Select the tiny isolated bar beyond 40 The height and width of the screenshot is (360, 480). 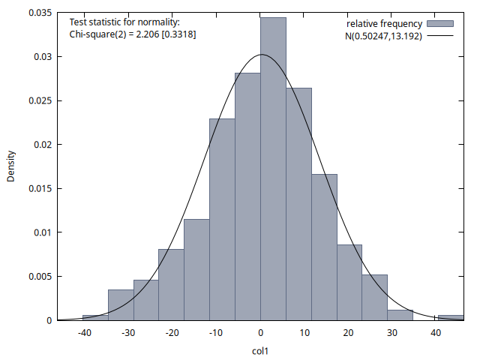451,317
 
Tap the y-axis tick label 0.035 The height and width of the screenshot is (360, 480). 39,13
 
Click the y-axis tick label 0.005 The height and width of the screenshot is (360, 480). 39,277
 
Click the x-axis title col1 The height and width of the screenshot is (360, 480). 260,350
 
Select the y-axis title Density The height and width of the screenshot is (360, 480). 11,166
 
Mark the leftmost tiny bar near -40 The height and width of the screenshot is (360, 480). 95,317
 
